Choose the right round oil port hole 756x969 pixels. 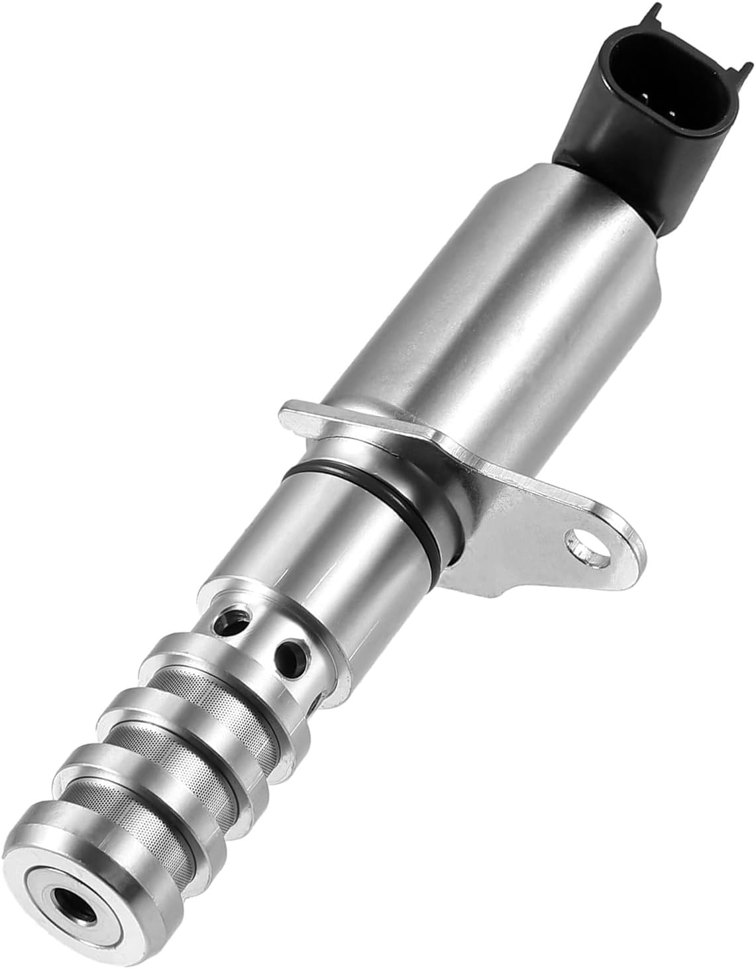(x=292, y=657)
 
